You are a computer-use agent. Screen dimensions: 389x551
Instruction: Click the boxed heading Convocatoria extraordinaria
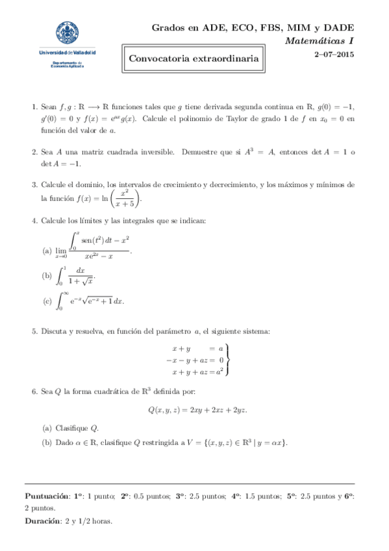[x=194, y=59]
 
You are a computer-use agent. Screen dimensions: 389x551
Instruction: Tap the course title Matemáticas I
[x=320, y=41]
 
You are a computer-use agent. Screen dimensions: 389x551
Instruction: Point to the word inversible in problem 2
[x=155, y=151]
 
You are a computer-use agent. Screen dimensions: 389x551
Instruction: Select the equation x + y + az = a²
[x=197, y=372]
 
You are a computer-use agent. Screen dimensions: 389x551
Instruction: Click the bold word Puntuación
[x=48, y=496]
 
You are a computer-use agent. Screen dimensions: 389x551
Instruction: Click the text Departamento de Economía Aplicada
[x=66, y=64]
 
